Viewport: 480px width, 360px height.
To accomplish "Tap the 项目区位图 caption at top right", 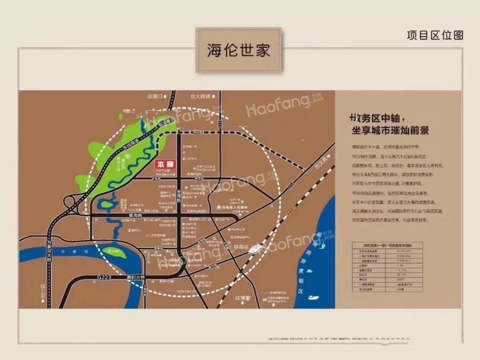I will [x=435, y=35].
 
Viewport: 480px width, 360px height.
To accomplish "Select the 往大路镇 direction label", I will [x=202, y=96].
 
